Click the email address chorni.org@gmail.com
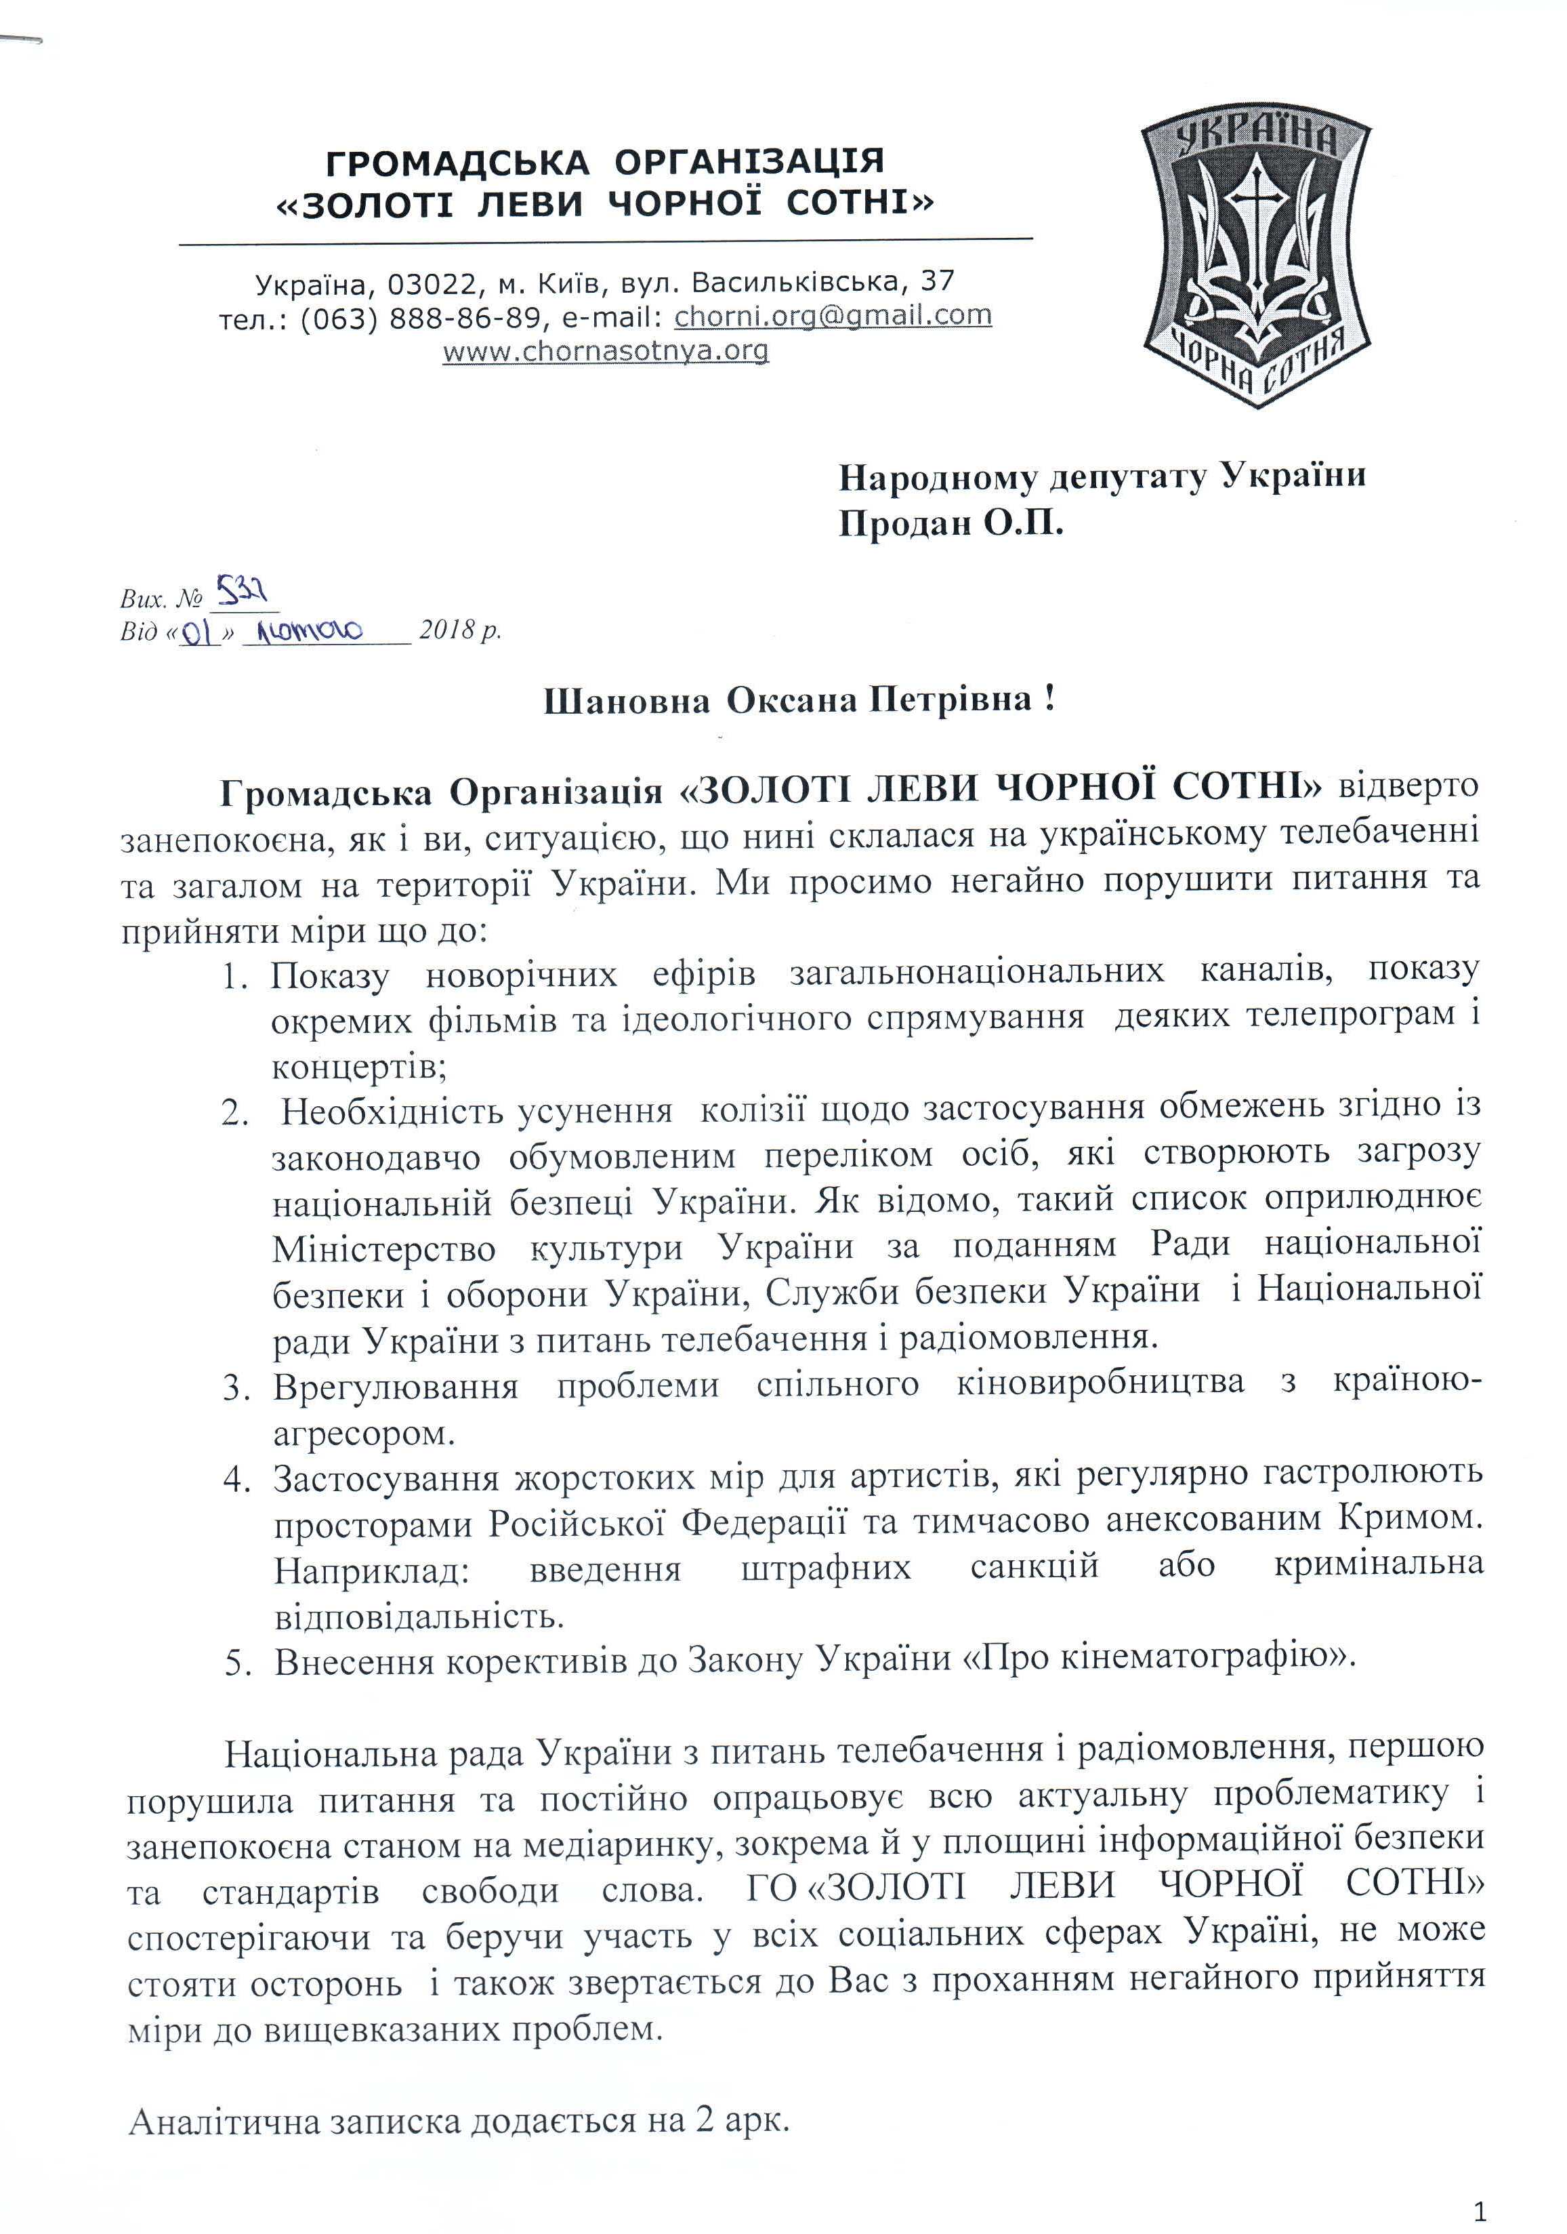coord(833,315)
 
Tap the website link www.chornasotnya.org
coord(605,350)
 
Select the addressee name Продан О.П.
coord(951,525)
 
